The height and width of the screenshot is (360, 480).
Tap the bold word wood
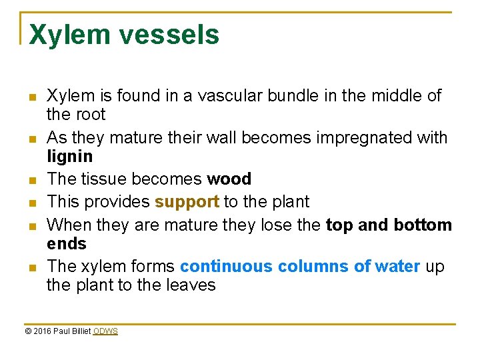click(229, 179)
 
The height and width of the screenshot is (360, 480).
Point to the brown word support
click(186, 201)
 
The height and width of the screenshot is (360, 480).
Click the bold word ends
click(67, 243)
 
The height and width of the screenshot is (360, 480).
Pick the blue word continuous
click(226, 267)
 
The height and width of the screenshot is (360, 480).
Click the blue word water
click(397, 267)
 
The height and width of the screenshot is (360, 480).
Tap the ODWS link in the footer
click(105, 331)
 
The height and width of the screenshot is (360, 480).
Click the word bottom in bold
click(422, 225)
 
